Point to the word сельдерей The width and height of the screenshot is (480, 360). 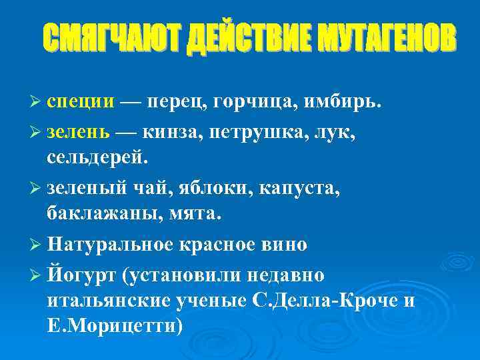99,158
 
